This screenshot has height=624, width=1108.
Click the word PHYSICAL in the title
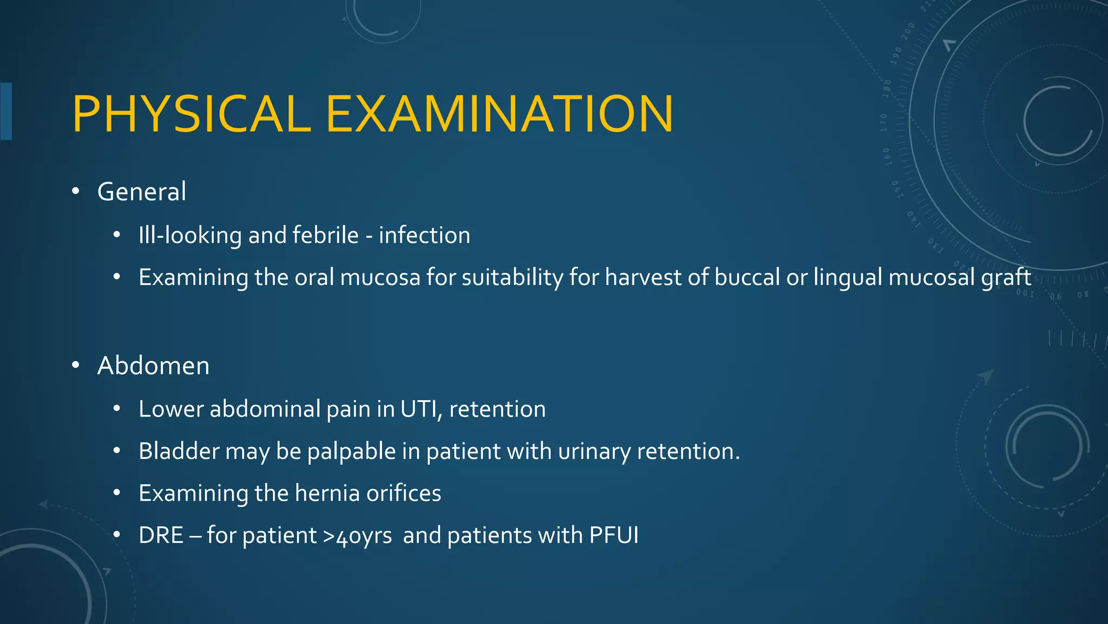[192, 114]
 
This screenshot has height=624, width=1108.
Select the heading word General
[142, 192]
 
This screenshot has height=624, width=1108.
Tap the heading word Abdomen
[153, 366]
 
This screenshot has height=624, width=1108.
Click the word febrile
[326, 235]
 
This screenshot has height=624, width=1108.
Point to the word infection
[424, 235]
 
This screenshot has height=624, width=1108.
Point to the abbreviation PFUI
[614, 536]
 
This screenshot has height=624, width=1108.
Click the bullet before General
[76, 191]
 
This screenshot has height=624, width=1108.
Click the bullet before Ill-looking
[116, 235]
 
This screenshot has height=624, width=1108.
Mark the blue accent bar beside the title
[6, 112]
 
